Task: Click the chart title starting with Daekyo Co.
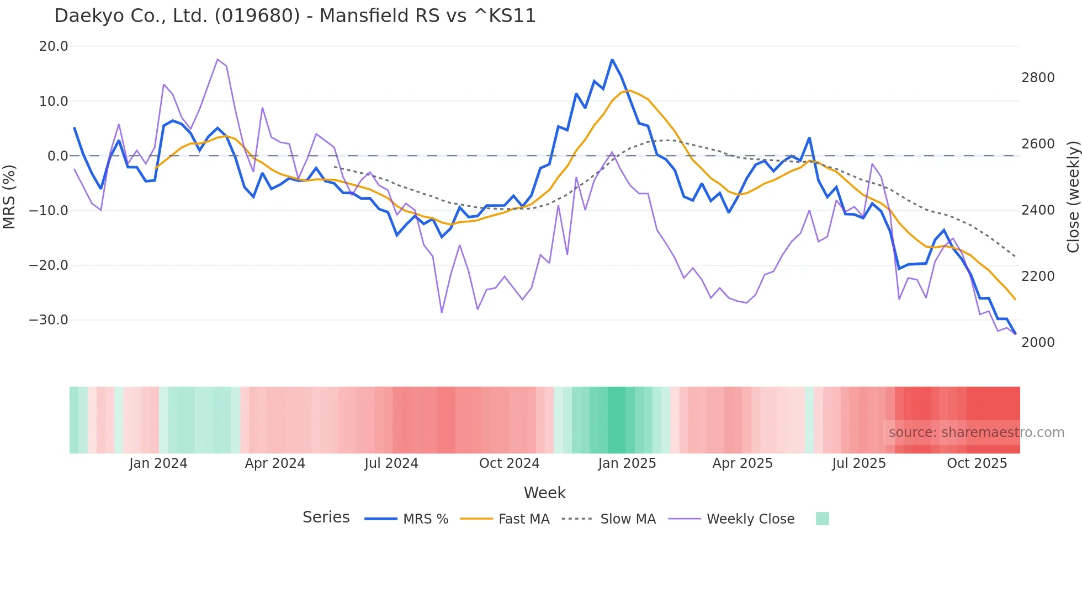(295, 16)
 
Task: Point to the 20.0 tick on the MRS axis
(54, 46)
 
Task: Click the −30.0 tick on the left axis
(49, 320)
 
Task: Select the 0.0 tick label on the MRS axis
(57, 156)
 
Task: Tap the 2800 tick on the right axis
(1038, 78)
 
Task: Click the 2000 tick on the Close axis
(1038, 343)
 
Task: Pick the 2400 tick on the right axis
(1038, 210)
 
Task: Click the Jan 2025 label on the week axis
(627, 463)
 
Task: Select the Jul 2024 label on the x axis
(391, 463)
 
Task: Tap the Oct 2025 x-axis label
(977, 463)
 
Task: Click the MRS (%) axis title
(9, 196)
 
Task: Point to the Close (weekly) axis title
(1073, 196)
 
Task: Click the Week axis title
(544, 493)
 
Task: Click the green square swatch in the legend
(822, 519)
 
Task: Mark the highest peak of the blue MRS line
(612, 60)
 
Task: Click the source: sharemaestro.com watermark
(976, 433)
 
